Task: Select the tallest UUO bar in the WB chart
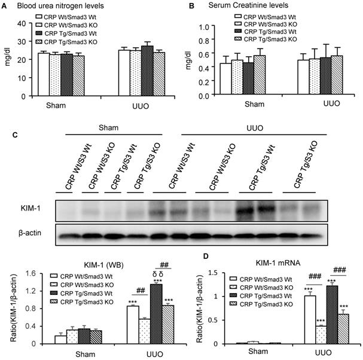coord(157,314)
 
